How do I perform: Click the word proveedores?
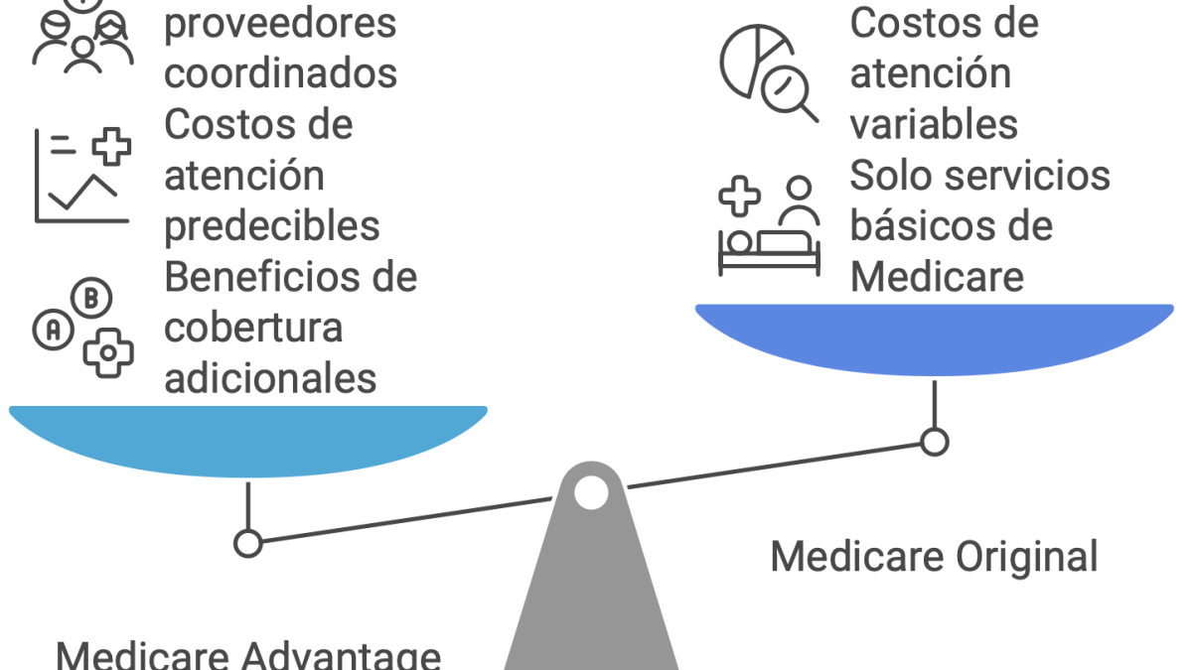[280, 24]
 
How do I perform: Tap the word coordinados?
[280, 73]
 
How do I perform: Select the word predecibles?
[271, 226]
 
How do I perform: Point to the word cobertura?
[253, 328]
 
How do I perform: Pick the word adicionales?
[270, 378]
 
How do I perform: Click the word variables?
[934, 124]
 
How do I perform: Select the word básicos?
[914, 226]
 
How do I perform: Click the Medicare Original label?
[934, 557]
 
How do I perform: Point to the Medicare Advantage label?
[248, 655]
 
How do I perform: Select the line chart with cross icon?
[81, 175]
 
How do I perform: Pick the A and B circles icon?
[83, 329]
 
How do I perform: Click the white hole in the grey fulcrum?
[591, 492]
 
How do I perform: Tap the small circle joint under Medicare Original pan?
[934, 442]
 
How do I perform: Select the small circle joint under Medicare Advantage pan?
[247, 543]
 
